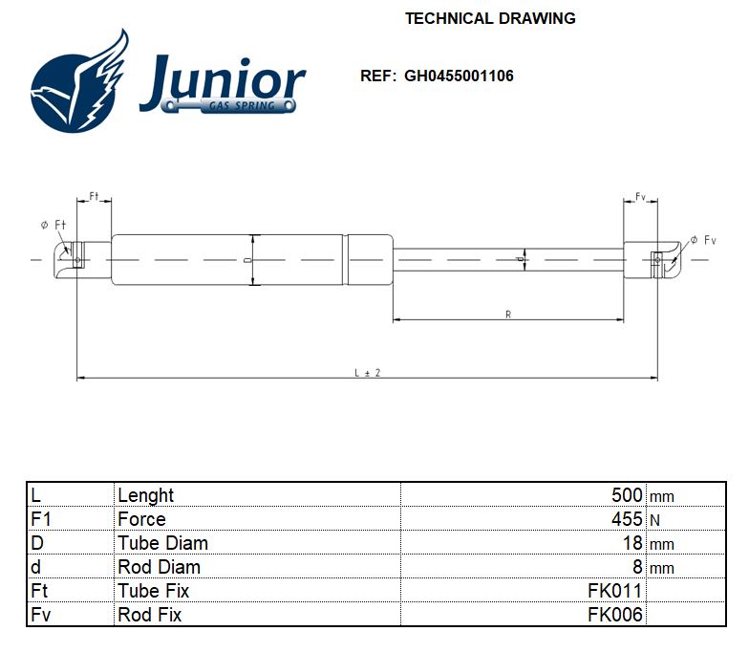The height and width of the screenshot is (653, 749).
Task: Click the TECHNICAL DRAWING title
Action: [x=490, y=18]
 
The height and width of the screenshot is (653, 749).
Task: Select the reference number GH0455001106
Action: [x=459, y=76]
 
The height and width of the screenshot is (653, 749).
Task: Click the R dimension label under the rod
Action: [x=507, y=314]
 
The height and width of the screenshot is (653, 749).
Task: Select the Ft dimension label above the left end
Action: [x=95, y=196]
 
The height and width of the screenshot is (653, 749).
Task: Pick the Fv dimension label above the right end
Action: [x=640, y=197]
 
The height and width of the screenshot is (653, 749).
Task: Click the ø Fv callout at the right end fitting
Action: [x=703, y=240]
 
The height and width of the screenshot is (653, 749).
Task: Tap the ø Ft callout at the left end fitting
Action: [x=53, y=225]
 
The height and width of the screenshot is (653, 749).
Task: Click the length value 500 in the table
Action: [x=627, y=495]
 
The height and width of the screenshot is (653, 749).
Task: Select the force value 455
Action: [x=627, y=519]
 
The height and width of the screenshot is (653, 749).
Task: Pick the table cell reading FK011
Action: [x=615, y=591]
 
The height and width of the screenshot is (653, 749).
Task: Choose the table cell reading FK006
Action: [x=615, y=615]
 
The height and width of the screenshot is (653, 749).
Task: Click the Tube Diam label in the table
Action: [x=162, y=543]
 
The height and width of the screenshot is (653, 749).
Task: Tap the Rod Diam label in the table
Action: [x=159, y=567]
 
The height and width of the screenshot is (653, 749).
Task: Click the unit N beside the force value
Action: [x=654, y=520]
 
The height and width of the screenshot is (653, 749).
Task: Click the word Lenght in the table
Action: [x=145, y=495]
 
